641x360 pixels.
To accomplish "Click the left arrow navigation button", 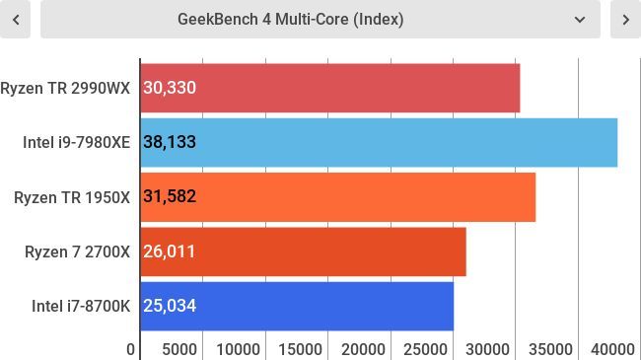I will (15, 19).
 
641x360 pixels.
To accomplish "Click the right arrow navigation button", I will (626, 19).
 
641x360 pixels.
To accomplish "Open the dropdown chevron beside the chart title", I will (579, 19).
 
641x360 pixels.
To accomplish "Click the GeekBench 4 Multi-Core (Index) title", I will (290, 19).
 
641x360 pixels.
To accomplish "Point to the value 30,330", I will (170, 88).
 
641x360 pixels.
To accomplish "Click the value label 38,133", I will (170, 142).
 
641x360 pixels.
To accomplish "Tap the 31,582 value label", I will (170, 196).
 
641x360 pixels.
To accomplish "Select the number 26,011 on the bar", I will (170, 252).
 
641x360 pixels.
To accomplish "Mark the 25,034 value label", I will (170, 306).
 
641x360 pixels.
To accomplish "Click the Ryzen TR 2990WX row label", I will (65, 88).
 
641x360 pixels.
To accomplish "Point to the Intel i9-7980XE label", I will (76, 142).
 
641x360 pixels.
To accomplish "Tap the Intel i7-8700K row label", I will (81, 306).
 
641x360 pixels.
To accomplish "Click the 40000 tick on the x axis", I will (613, 349).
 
